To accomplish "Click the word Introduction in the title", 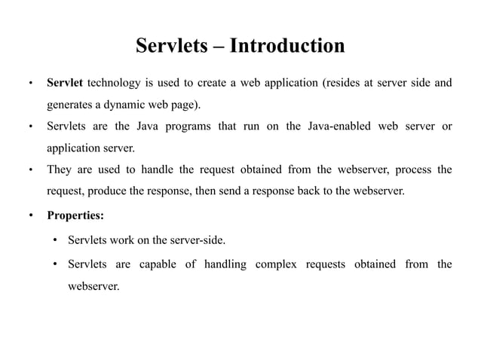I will pos(287,46).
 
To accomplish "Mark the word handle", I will pos(160,169).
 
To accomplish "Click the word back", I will pos(311,191).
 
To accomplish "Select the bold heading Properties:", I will pos(75,216).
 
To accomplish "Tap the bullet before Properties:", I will pos(30,217).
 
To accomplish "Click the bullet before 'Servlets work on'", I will pos(56,242).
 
